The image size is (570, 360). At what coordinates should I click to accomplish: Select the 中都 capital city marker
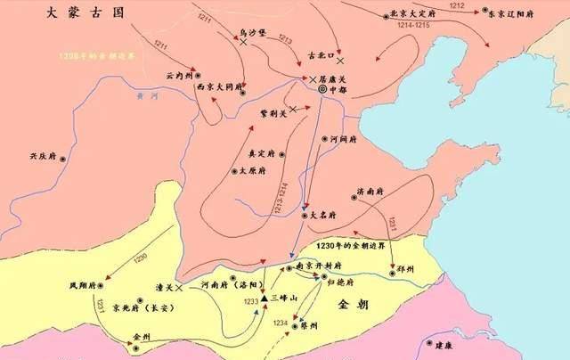324,89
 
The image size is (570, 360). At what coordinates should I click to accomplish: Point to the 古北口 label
319,55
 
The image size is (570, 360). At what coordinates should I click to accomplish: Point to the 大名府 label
322,215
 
